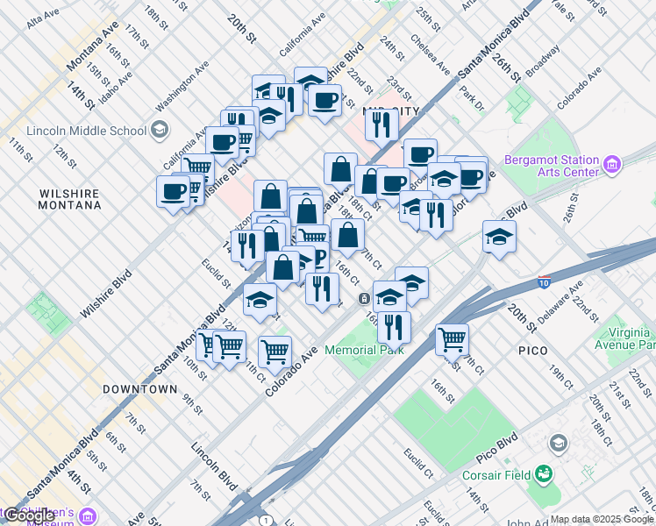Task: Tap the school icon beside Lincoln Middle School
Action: pyautogui.click(x=159, y=131)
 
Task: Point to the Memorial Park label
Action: pyautogui.click(x=364, y=350)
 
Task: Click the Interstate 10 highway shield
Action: pyautogui.click(x=544, y=283)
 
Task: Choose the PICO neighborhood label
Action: pyautogui.click(x=532, y=351)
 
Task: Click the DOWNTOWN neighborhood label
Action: pyautogui.click(x=140, y=388)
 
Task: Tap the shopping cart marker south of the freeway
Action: pyautogui.click(x=452, y=338)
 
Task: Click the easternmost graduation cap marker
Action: pyautogui.click(x=499, y=236)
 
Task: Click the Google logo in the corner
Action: pyautogui.click(x=28, y=515)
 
